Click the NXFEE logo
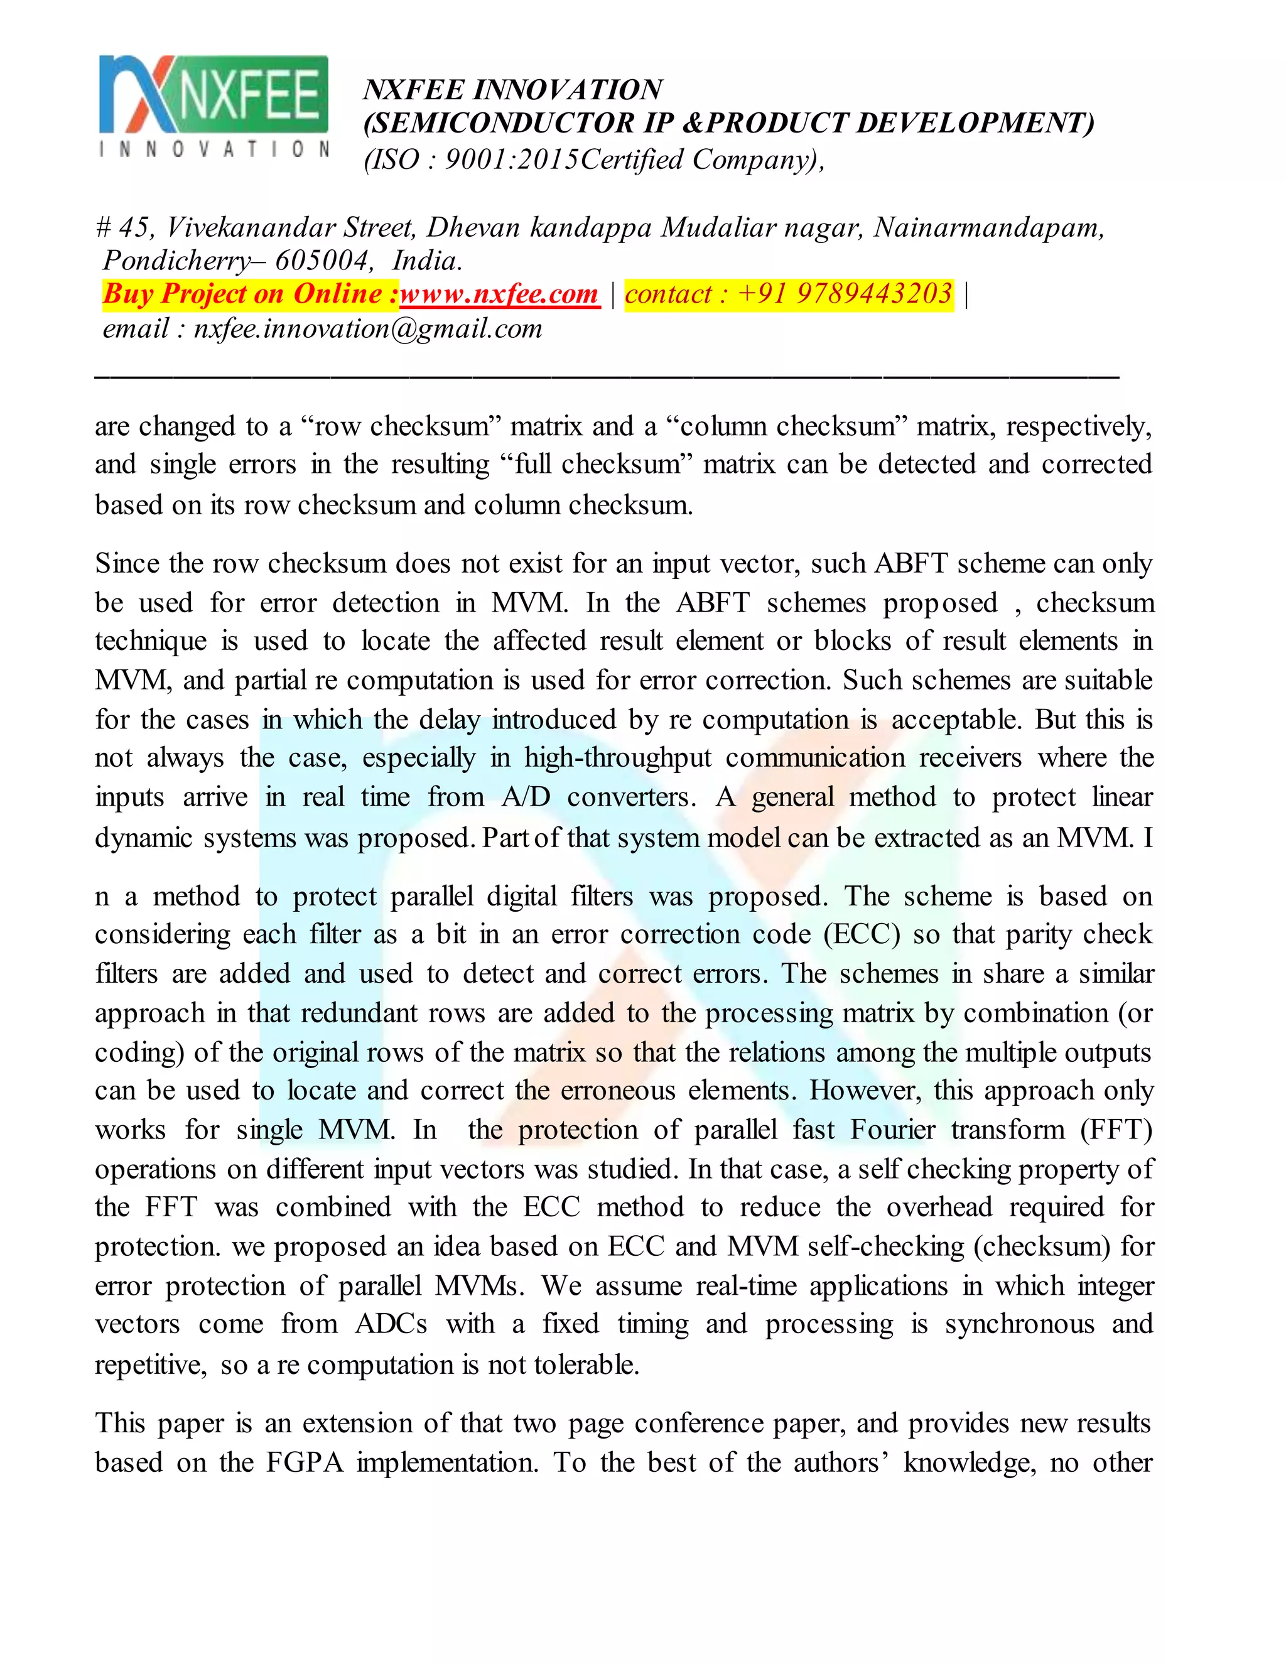pyautogui.click(x=214, y=106)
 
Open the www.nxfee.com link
pyautogui.click(x=499, y=294)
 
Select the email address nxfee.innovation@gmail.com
pyautogui.click(x=368, y=329)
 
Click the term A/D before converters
pyautogui.click(x=526, y=797)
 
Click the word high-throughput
pyautogui.click(x=618, y=758)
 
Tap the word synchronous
pyautogui.click(x=1019, y=1324)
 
